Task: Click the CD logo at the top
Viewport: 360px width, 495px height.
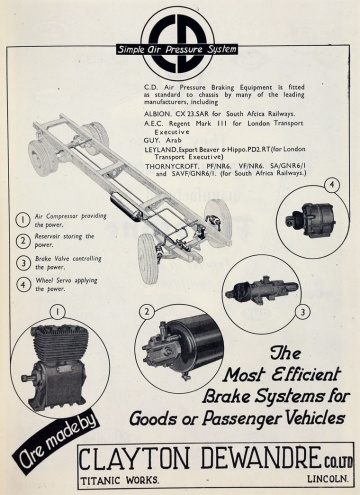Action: point(177,43)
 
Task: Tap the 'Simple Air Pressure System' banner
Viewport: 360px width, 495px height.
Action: point(177,49)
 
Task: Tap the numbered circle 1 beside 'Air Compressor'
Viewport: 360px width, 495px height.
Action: point(23,220)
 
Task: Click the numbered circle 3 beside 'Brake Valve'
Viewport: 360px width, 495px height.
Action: point(23,263)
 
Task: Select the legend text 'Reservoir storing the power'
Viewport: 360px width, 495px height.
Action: point(65,240)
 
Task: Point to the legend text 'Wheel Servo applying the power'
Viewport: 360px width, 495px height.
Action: point(66,284)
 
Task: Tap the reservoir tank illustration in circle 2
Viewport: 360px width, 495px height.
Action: point(182,347)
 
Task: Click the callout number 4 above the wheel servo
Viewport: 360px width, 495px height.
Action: point(332,186)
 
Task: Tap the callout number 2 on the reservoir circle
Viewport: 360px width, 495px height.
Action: point(147,312)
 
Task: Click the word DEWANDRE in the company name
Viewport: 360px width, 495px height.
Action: point(260,458)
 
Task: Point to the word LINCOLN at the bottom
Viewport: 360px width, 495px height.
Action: point(328,479)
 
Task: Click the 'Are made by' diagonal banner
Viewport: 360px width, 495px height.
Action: point(56,443)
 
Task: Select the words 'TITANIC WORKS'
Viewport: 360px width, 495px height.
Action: point(120,480)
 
